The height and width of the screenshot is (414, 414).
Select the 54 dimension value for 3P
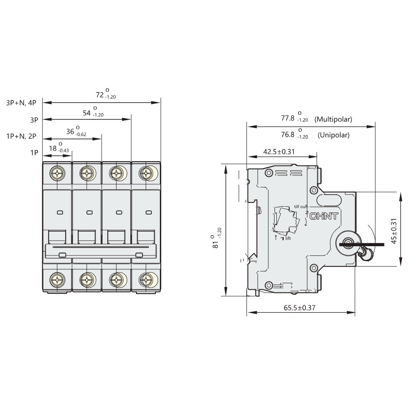point(87,113)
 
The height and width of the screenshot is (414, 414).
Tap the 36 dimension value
point(70,131)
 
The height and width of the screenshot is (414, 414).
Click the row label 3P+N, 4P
point(21,103)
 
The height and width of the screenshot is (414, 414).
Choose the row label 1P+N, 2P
point(21,136)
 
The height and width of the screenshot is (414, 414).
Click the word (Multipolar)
point(333,119)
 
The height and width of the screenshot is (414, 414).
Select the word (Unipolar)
point(333,135)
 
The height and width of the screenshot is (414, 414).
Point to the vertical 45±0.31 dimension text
point(394,229)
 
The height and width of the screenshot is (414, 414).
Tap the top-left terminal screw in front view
point(57,174)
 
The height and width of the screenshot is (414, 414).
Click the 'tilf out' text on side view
point(301,206)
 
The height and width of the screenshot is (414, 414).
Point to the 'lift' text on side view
point(288,238)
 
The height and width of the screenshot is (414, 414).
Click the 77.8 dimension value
point(288,118)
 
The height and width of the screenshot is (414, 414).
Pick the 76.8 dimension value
point(288,134)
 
